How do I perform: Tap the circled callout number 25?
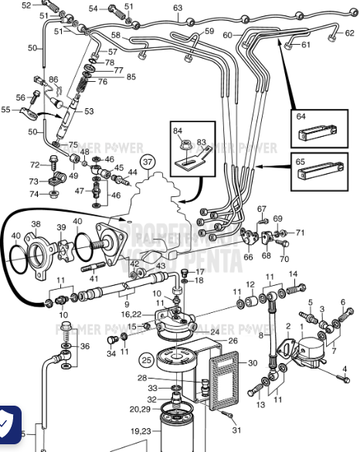147,359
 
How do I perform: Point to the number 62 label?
349,33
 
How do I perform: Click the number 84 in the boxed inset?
178,131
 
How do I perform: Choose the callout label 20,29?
141,410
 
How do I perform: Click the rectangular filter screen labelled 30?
224,376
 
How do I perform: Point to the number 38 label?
36,224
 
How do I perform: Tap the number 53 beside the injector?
89,112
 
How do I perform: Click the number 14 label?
293,274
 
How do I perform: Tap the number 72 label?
35,165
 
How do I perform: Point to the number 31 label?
237,430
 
